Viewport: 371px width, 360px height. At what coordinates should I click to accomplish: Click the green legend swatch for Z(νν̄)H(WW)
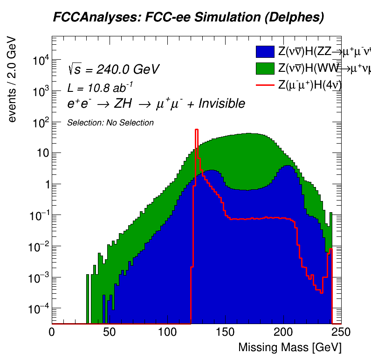(x=265, y=69)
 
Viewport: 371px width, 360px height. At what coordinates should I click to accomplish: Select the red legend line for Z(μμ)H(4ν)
(x=265, y=85)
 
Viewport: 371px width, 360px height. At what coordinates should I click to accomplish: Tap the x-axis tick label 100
(x=167, y=332)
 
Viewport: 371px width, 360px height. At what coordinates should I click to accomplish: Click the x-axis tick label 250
(x=341, y=332)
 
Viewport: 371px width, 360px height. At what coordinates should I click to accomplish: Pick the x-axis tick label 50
(x=110, y=332)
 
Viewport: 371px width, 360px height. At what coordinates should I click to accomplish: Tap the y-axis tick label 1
(x=45, y=184)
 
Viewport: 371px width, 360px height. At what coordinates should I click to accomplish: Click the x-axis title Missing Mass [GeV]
(x=289, y=348)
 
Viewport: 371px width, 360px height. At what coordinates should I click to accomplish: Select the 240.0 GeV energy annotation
(x=128, y=69)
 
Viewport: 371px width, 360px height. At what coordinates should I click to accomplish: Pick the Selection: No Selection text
(x=110, y=123)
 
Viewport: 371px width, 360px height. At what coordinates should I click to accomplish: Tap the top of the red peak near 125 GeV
(x=197, y=130)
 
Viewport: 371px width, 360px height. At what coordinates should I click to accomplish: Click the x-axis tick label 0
(x=52, y=332)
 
